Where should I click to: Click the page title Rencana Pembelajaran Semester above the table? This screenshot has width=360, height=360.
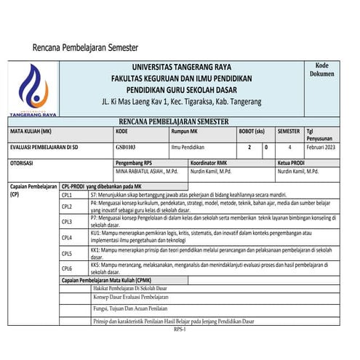pyautogui.click(x=85, y=48)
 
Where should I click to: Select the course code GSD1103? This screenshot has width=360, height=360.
pyautogui.click(x=125, y=148)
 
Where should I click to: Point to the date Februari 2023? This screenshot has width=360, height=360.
pyautogui.click(x=322, y=148)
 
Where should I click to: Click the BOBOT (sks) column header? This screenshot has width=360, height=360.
pyautogui.click(x=252, y=132)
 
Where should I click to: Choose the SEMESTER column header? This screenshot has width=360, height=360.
pyautogui.click(x=289, y=132)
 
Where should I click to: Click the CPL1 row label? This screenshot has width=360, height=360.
pyautogui.click(x=67, y=196)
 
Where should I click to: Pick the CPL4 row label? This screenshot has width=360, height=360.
pyautogui.click(x=67, y=237)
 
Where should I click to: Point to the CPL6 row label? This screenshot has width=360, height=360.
pyautogui.click(x=67, y=268)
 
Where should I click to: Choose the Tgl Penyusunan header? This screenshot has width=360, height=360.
pyautogui.click(x=322, y=135)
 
